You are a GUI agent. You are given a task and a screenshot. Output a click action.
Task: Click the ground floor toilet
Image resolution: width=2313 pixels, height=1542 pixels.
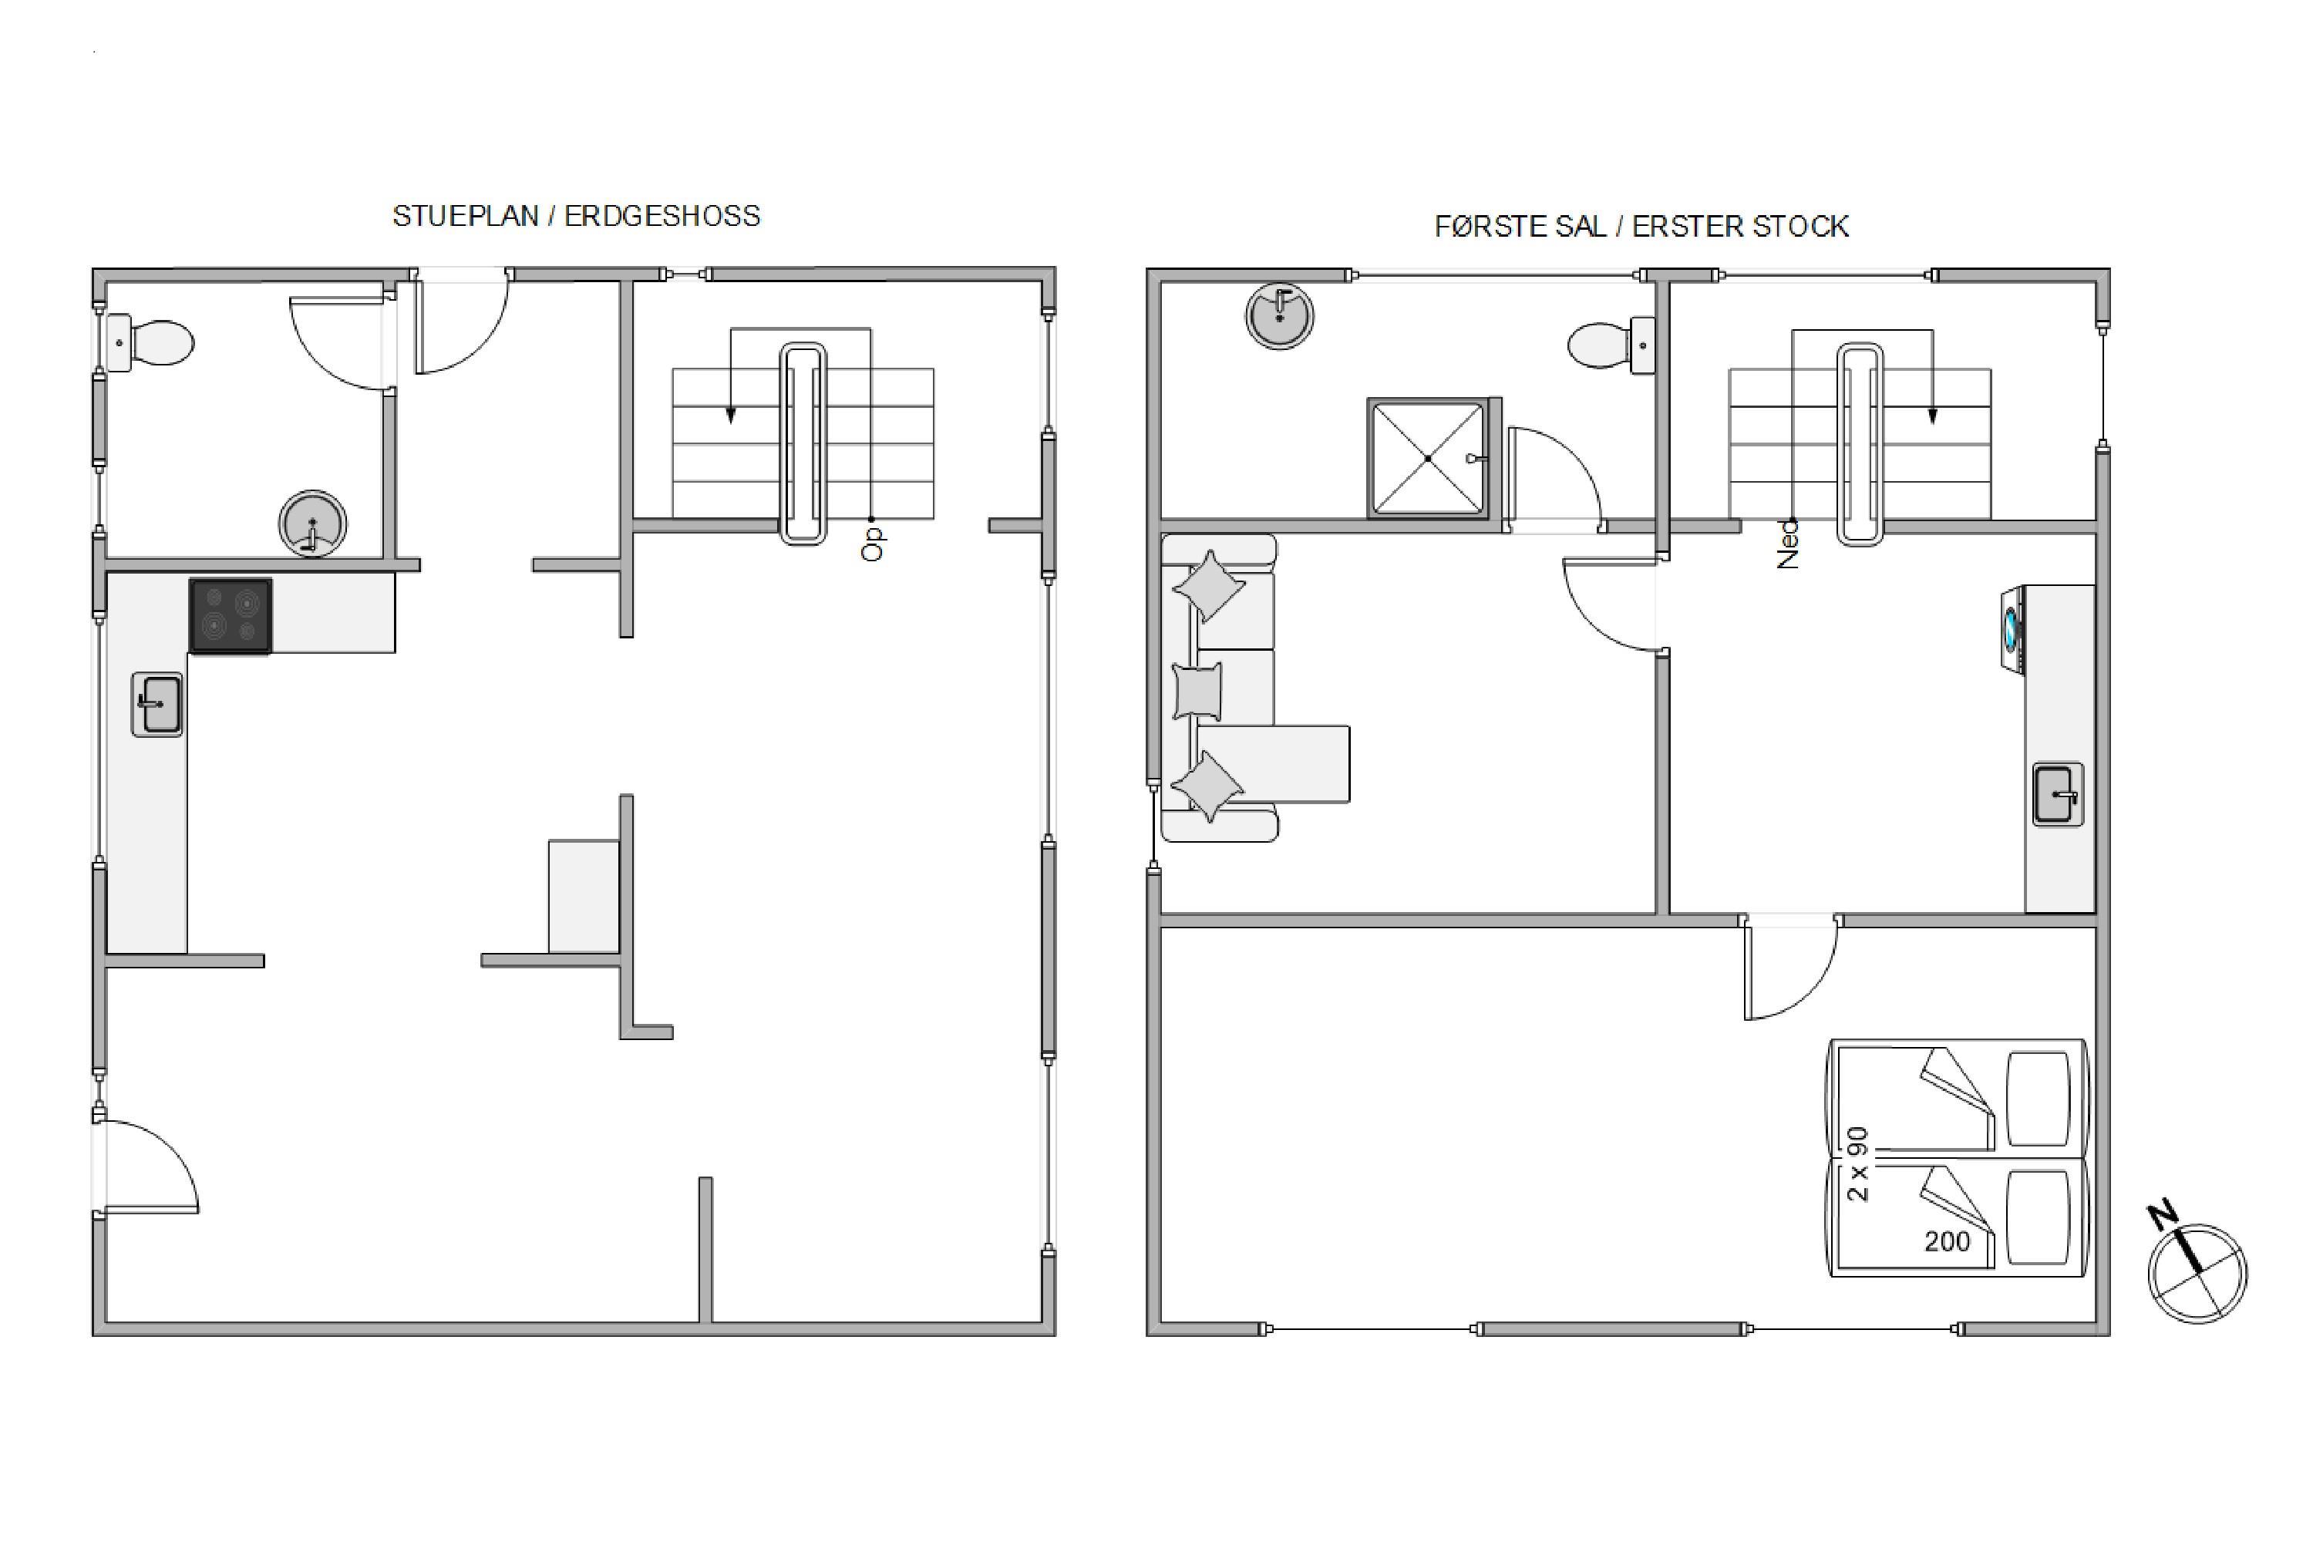150,343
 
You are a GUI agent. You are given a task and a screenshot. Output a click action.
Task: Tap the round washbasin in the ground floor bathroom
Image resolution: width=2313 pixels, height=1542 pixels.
313,524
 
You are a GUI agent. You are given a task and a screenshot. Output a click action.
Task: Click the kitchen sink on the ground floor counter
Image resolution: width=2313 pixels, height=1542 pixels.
157,704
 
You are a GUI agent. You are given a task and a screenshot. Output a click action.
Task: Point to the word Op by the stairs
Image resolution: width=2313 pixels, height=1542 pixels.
872,544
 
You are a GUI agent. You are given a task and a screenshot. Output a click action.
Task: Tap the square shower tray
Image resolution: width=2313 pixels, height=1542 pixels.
1428,457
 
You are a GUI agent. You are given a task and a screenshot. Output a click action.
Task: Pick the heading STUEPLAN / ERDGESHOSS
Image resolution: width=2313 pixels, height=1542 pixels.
576,217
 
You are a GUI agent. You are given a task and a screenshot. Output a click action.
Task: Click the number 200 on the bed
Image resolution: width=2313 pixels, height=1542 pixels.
1948,1242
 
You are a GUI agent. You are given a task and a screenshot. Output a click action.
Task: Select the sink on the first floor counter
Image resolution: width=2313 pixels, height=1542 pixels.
2059,793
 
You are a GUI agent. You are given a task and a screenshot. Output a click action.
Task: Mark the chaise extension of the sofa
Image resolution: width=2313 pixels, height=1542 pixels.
1274,764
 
